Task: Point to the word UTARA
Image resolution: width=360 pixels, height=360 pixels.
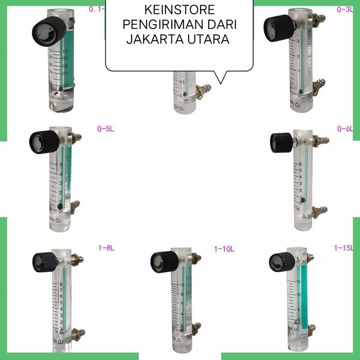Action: coord(207,40)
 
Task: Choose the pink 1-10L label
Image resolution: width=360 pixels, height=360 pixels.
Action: coord(224,248)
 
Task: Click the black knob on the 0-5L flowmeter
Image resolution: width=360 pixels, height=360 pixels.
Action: coord(40,140)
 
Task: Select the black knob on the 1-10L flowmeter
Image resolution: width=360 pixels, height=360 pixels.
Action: coord(161,262)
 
